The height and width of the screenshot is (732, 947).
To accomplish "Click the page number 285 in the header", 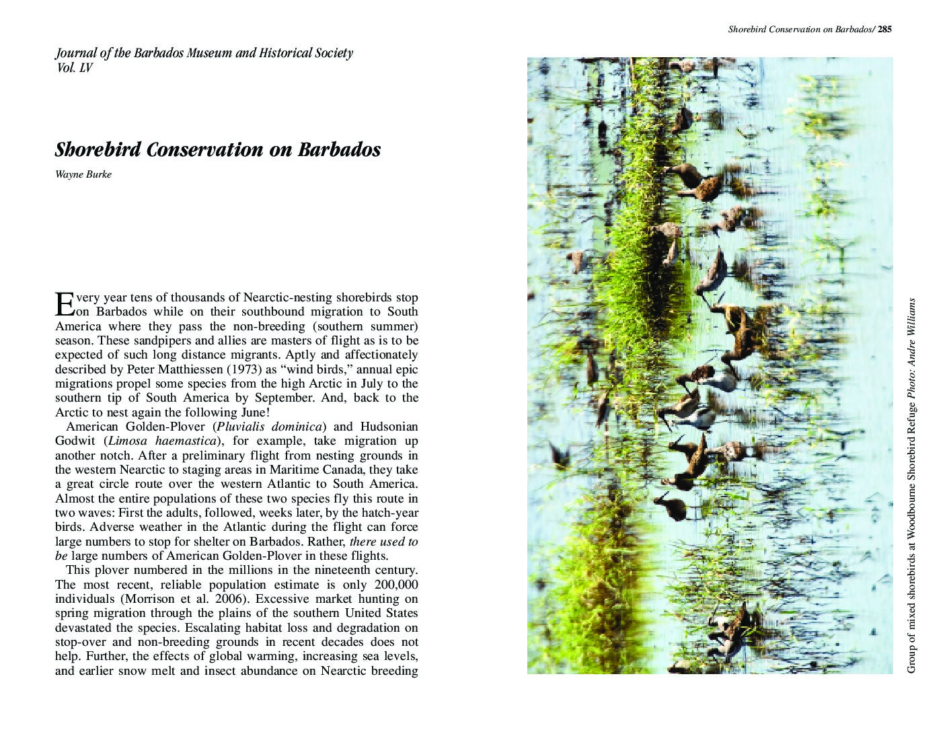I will point(884,29).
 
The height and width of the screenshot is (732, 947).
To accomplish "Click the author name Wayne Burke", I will point(83,175).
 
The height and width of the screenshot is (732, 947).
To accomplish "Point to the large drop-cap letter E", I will point(63,304).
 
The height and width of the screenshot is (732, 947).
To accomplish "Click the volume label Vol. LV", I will point(73,68).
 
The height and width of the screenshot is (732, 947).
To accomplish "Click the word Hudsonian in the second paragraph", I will point(389,427).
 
